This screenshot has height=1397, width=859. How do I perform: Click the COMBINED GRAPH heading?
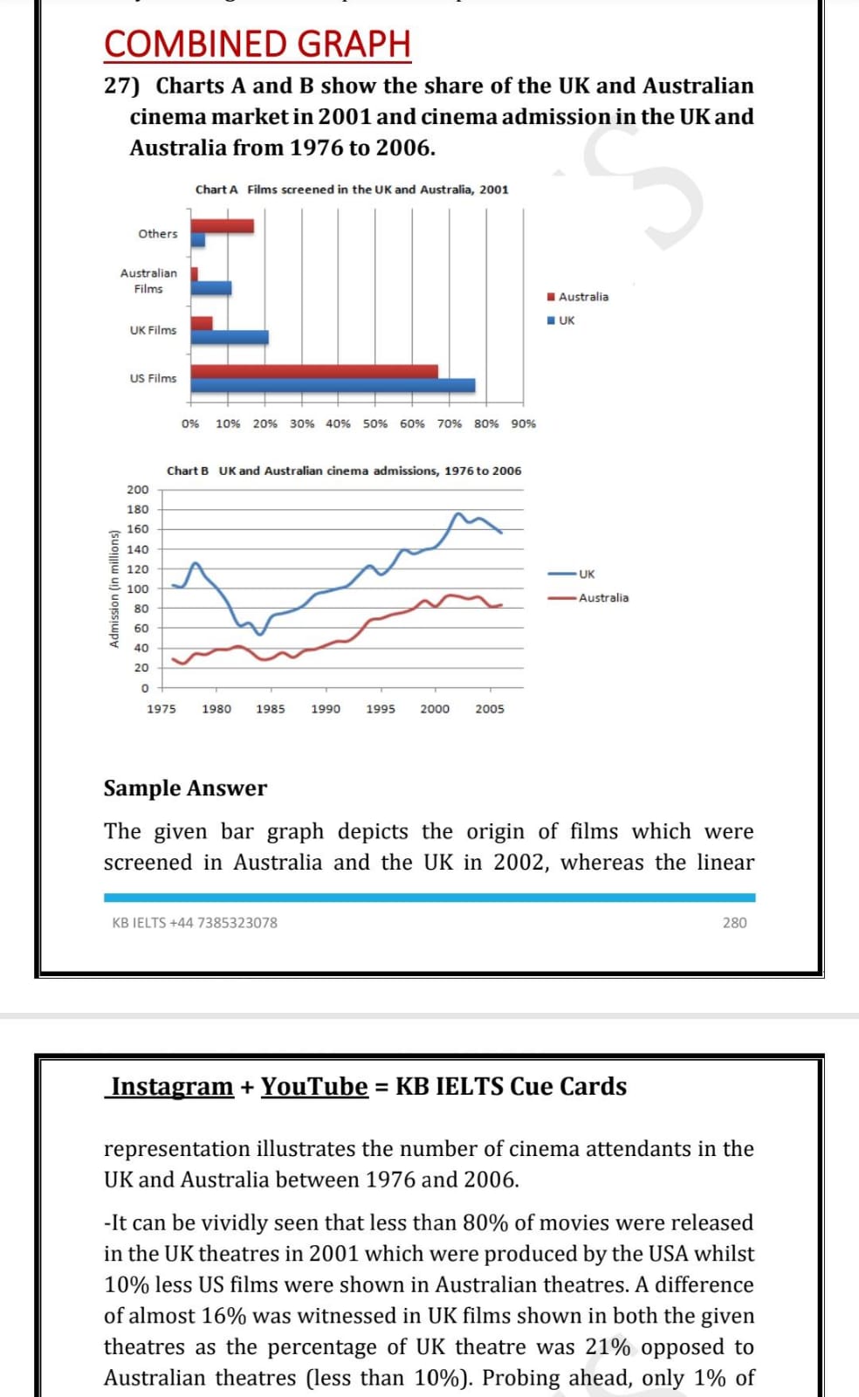pyautogui.click(x=258, y=44)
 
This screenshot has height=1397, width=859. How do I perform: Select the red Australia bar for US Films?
pyautogui.click(x=314, y=372)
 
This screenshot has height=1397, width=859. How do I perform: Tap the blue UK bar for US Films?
pyautogui.click(x=333, y=385)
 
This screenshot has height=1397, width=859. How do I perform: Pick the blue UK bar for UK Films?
pyautogui.click(x=230, y=337)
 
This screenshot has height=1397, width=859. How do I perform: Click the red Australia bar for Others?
pyautogui.click(x=222, y=226)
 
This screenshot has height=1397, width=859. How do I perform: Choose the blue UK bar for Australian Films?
pyautogui.click(x=210, y=287)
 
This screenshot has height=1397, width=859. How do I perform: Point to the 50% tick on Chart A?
pyautogui.click(x=375, y=423)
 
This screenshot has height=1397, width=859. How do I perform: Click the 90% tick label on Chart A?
pyautogui.click(x=524, y=423)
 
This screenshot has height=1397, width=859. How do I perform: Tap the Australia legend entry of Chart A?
pyautogui.click(x=578, y=297)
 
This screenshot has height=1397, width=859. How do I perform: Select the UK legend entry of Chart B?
pyautogui.click(x=572, y=574)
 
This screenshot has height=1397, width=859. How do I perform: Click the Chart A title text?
pyautogui.click(x=352, y=189)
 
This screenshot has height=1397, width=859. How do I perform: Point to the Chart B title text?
pyautogui.click(x=344, y=471)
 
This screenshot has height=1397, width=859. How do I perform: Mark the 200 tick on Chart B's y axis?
pyautogui.click(x=138, y=490)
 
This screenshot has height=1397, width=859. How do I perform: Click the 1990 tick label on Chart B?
pyautogui.click(x=326, y=709)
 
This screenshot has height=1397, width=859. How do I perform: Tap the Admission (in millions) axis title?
pyautogui.click(x=114, y=588)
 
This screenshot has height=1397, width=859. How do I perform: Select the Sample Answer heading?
pyautogui.click(x=185, y=788)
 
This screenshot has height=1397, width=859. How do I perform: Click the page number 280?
pyautogui.click(x=734, y=922)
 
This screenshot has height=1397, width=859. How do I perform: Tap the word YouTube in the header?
pyautogui.click(x=314, y=1086)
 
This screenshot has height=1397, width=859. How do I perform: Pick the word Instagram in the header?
pyautogui.click(x=171, y=1086)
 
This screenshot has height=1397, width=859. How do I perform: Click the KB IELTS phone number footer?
pyautogui.click(x=195, y=922)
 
